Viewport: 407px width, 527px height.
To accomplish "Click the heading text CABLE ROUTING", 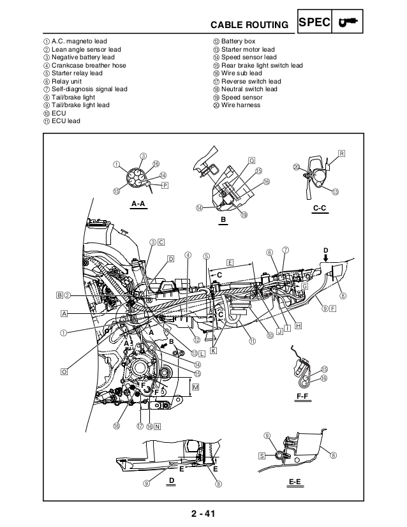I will pyautogui.click(x=249, y=25).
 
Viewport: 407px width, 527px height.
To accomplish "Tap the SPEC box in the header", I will pyautogui.click(x=314, y=23).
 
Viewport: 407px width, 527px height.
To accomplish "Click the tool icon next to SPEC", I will pyautogui.click(x=348, y=23).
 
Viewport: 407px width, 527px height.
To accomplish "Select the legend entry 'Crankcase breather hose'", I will pyautogui.click(x=88, y=65).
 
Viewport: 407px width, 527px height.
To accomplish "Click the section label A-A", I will pyautogui.click(x=138, y=204).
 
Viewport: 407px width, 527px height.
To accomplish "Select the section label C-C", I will pyautogui.click(x=320, y=208).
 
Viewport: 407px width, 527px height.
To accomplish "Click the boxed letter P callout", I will pyautogui.click(x=165, y=185).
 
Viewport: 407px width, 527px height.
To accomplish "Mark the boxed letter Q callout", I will pyautogui.click(x=252, y=160).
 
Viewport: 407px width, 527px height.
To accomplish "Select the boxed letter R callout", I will pyautogui.click(x=342, y=154).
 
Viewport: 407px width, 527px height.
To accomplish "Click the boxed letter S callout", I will pyautogui.click(x=262, y=456).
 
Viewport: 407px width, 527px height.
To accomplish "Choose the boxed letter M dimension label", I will pyautogui.click(x=196, y=387).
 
